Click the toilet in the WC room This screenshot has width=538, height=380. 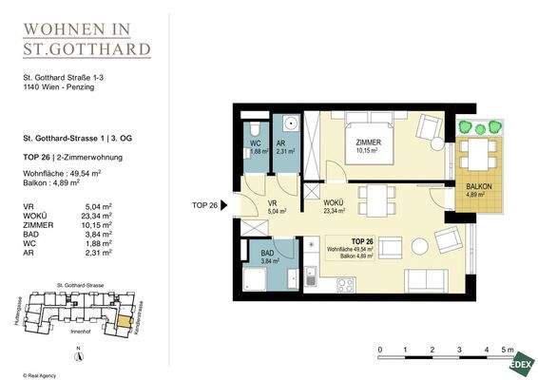coord(254,130)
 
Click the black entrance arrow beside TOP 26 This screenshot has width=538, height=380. coord(225,205)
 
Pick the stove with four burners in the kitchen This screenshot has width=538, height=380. coord(345,284)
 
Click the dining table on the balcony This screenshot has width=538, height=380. coord(471,151)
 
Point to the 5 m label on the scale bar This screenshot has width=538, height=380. coord(509,351)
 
